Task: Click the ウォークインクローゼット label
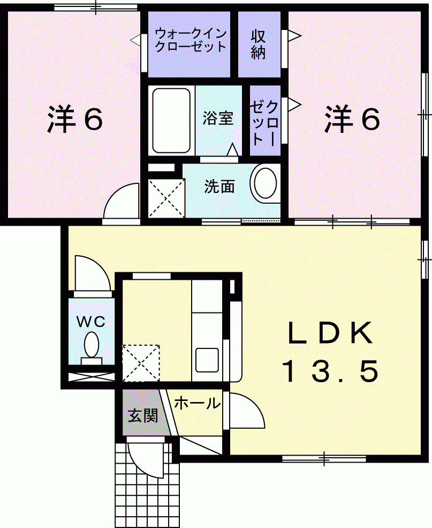pyautogui.click(x=191, y=40)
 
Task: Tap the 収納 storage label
pyautogui.click(x=258, y=45)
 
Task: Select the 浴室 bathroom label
pyautogui.click(x=217, y=118)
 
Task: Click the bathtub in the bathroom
pyautogui.click(x=171, y=120)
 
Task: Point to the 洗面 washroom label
pyautogui.click(x=219, y=187)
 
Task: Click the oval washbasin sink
pyautogui.click(x=266, y=184)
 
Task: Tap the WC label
pyautogui.click(x=91, y=322)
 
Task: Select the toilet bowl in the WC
pyautogui.click(x=91, y=345)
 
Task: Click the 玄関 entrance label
pyautogui.click(x=143, y=416)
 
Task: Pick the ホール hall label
pyautogui.click(x=198, y=403)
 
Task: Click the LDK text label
pyautogui.click(x=330, y=333)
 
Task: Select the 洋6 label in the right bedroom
pyautogui.click(x=352, y=119)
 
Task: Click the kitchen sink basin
pyautogui.click(x=207, y=360)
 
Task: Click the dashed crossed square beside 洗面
pyautogui.click(x=166, y=199)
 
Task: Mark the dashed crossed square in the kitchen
pyautogui.click(x=141, y=363)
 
